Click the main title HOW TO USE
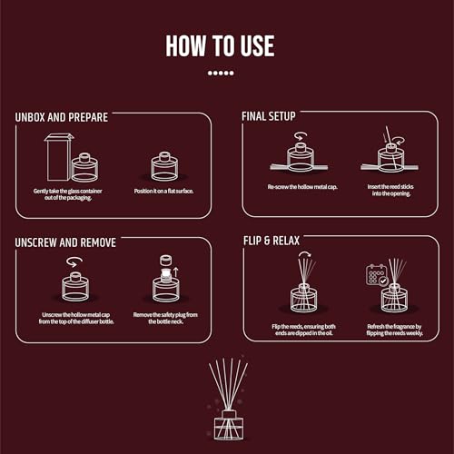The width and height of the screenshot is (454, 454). (x=220, y=45)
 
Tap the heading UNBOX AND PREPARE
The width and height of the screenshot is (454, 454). (x=62, y=117)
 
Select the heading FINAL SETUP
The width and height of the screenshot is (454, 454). (x=269, y=116)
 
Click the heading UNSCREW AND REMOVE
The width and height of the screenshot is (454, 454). (x=65, y=242)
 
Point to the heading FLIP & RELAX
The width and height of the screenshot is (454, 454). (x=271, y=241)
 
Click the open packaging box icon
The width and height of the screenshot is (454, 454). (x=59, y=157)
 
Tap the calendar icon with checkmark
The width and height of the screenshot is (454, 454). (x=377, y=275)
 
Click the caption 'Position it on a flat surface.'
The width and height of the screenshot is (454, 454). (x=163, y=191)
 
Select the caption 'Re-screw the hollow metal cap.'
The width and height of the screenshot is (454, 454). (x=302, y=187)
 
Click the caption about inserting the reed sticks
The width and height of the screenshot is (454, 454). (x=390, y=190)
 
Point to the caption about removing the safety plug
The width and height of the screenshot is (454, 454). (x=165, y=318)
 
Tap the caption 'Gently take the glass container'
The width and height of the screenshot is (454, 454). (x=68, y=191)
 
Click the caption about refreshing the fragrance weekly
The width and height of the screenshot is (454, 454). (x=394, y=330)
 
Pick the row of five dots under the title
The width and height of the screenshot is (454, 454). (x=221, y=73)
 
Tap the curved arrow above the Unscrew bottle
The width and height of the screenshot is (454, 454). (x=74, y=262)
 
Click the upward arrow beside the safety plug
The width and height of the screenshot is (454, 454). (x=176, y=272)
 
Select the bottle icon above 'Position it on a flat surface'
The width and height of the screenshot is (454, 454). (x=164, y=167)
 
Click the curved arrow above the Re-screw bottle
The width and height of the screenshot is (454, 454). (x=300, y=135)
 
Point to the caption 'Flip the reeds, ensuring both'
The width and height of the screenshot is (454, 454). (x=303, y=327)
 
